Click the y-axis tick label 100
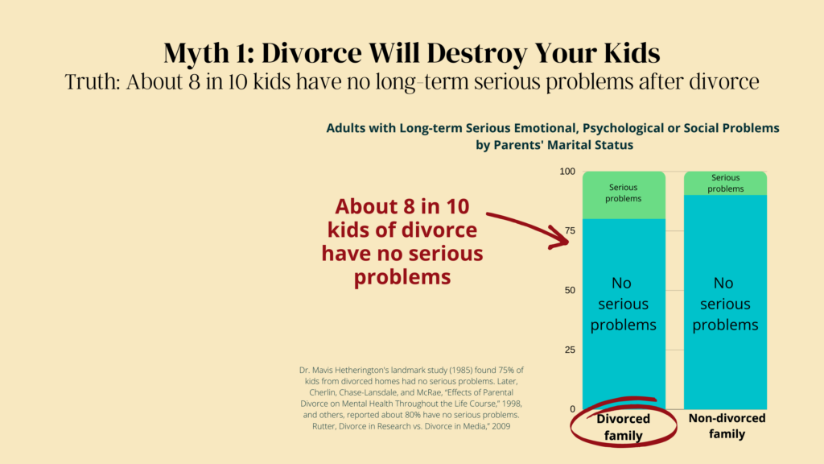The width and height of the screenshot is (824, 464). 567,172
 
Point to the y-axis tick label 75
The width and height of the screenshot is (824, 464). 571,231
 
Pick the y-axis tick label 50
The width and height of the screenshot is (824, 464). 571,290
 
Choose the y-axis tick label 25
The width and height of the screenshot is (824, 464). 571,350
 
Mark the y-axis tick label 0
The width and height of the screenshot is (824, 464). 573,409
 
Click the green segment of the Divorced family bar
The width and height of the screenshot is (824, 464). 624,195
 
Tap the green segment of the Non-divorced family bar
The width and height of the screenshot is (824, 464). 725,183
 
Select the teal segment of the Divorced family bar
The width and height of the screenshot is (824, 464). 624,314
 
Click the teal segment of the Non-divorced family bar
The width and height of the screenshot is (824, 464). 725,302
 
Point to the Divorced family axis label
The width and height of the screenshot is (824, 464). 624,427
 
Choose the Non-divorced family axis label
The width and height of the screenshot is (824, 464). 727,426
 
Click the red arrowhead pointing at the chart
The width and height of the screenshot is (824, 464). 560,238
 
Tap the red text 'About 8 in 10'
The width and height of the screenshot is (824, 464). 402,206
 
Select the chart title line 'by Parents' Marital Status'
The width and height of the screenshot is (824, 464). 554,145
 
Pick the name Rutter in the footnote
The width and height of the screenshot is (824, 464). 323,427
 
